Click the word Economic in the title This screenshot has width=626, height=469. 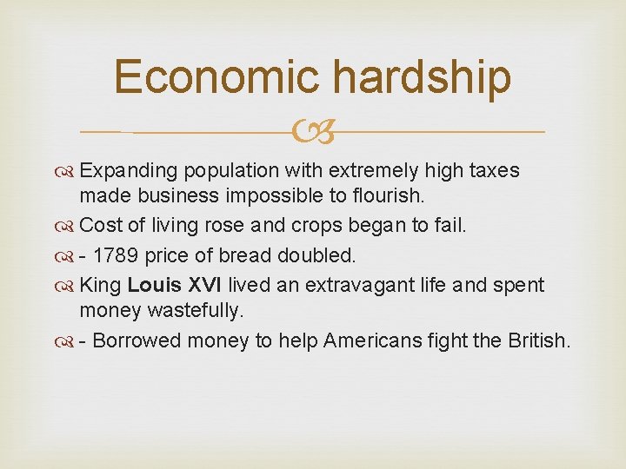(217, 76)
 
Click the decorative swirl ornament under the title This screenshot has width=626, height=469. (313, 132)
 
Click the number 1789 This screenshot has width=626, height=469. (117, 255)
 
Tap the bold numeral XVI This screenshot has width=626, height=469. (205, 284)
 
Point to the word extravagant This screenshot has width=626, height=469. (348, 284)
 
